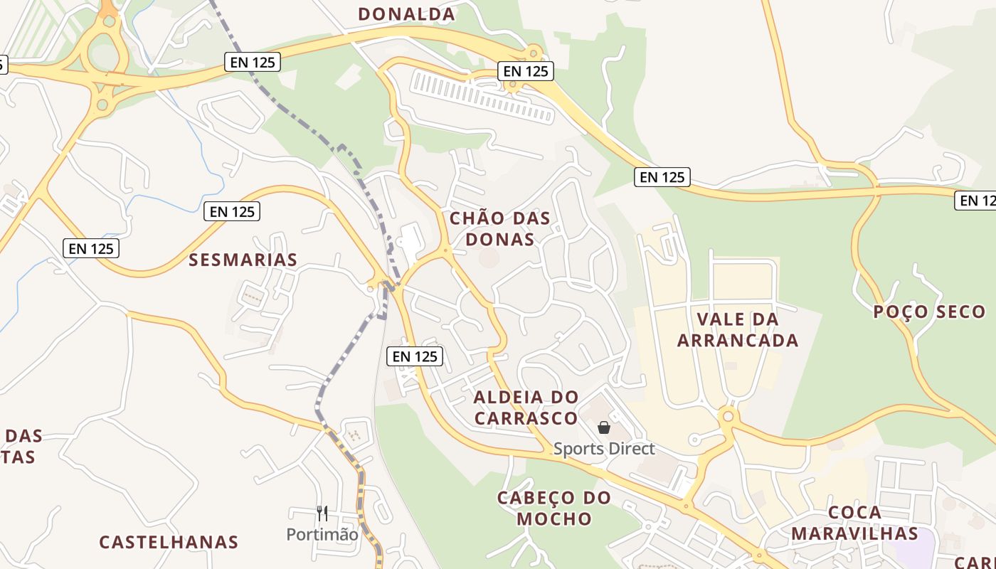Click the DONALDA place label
[x=406, y=14]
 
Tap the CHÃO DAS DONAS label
[x=500, y=228]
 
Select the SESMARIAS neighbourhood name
[x=243, y=260]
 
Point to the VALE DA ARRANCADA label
[x=737, y=329]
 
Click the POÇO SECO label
[x=929, y=312]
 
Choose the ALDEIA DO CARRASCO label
[x=526, y=407]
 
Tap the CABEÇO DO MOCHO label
[x=554, y=508]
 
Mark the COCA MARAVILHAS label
[x=854, y=523]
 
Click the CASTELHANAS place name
[x=169, y=542]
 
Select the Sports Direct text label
[x=604, y=449]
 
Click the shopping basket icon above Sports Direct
[x=604, y=427]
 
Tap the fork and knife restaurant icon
[x=322, y=513]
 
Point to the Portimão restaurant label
[x=322, y=534]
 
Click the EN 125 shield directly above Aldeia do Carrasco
[x=415, y=356]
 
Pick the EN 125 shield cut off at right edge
[x=975, y=201]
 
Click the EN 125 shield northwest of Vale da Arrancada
[x=662, y=177]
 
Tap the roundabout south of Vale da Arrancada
[x=727, y=416]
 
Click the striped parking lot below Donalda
[x=482, y=96]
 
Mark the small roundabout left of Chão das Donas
[x=446, y=250]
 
